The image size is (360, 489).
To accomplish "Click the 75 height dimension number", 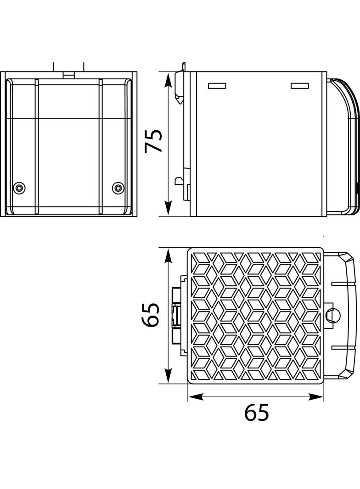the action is (x=154, y=141).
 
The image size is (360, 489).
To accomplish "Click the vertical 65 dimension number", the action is (x=150, y=315).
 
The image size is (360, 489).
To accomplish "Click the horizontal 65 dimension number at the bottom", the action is (x=256, y=412).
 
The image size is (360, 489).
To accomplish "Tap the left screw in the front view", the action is (x=19, y=188).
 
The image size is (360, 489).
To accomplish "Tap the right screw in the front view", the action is (x=118, y=188).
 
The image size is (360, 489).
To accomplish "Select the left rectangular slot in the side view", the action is (x=217, y=86).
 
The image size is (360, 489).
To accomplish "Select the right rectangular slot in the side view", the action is (x=300, y=86).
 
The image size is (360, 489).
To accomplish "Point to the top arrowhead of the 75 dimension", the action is (x=169, y=80).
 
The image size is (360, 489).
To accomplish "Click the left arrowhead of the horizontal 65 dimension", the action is (x=195, y=397).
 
